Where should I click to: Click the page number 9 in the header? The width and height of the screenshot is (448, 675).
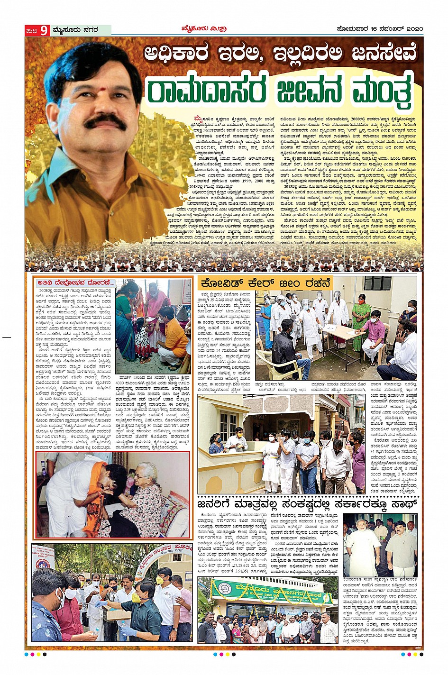tap(44, 30)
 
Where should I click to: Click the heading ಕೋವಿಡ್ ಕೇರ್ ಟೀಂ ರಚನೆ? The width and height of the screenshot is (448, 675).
tap(264, 283)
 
